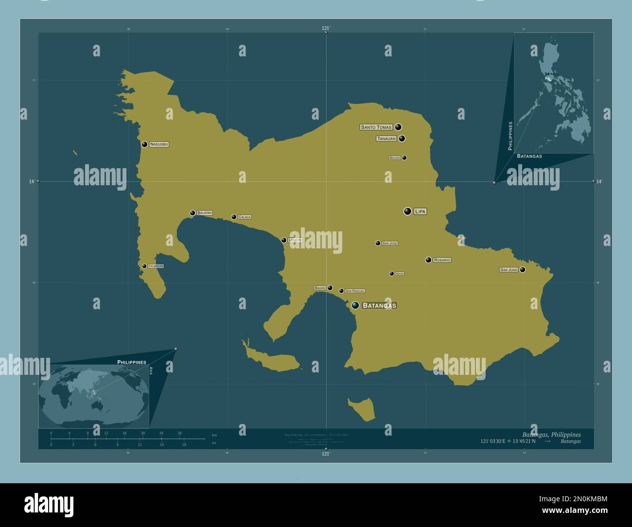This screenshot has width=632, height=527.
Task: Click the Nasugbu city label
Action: coord(159,144)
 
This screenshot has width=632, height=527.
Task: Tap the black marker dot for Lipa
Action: coord(407,211)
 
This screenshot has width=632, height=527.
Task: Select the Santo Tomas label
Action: coord(376,127)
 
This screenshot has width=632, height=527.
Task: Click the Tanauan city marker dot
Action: coord(402,139)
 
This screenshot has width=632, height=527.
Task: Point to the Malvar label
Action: coord(394,158)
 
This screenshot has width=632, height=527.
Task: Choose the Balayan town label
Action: coord(204,213)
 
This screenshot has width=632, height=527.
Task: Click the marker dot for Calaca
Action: coord(234,217)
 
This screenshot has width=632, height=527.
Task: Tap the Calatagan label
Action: coord(156,266)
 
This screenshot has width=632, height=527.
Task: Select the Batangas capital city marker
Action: coord(355,305)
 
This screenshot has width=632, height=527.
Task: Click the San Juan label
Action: coord(509,269)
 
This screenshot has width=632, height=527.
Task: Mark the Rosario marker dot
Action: coord(428,260)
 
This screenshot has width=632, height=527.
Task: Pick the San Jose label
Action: coord(389,243)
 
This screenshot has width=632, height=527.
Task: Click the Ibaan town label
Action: coord(400,274)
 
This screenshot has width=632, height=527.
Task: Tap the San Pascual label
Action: coord(355,291)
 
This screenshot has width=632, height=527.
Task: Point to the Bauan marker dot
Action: coord(330,288)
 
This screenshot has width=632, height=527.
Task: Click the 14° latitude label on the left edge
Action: coord(32,181)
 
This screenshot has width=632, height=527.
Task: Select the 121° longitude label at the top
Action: coord(326,29)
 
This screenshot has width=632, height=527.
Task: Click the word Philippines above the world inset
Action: coord(132,362)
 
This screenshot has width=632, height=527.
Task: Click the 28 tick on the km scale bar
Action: coord(179,433)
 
